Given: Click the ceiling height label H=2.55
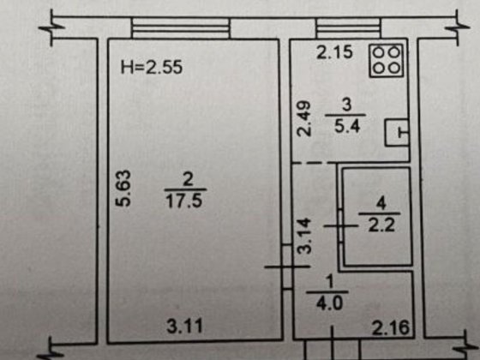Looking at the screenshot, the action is [x=152, y=68].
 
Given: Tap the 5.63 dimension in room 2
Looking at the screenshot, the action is [x=123, y=189].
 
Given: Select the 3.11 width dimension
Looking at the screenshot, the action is [x=185, y=326].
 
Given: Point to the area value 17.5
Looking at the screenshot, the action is [x=184, y=201].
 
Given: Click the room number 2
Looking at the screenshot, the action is [x=188, y=179].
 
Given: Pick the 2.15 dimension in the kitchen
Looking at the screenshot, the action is [x=334, y=52].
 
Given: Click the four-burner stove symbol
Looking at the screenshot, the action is [x=387, y=61].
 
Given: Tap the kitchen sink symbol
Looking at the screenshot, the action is [x=397, y=133].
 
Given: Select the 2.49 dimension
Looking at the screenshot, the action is [x=304, y=119].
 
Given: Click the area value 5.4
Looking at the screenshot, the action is [x=347, y=126].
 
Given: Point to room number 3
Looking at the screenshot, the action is [x=346, y=105].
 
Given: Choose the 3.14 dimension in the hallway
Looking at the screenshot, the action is [x=305, y=236].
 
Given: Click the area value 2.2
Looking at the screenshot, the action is [x=381, y=225].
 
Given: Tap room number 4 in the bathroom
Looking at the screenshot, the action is [x=381, y=203].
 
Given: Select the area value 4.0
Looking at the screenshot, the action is [x=329, y=303].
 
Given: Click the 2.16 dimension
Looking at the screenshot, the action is [x=391, y=327].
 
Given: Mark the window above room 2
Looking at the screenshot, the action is [x=181, y=28].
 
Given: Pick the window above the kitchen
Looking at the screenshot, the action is [x=349, y=28].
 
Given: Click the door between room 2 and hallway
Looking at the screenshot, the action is [x=287, y=267].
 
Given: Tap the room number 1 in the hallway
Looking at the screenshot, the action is [x=329, y=282].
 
